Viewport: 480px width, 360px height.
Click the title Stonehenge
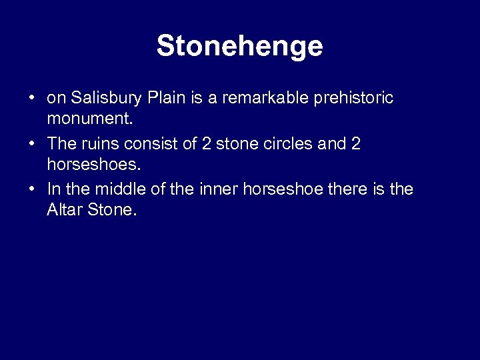[x=239, y=47]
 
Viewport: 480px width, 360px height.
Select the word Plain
[x=169, y=99]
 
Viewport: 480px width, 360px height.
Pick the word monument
[x=87, y=120]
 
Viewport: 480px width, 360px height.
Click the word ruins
[x=101, y=144]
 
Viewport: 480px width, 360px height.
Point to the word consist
[x=151, y=144]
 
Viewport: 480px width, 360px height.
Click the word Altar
[x=64, y=211]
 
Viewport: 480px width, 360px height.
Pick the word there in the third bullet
[x=349, y=189]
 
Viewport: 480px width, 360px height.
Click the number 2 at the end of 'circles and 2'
[x=355, y=144]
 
